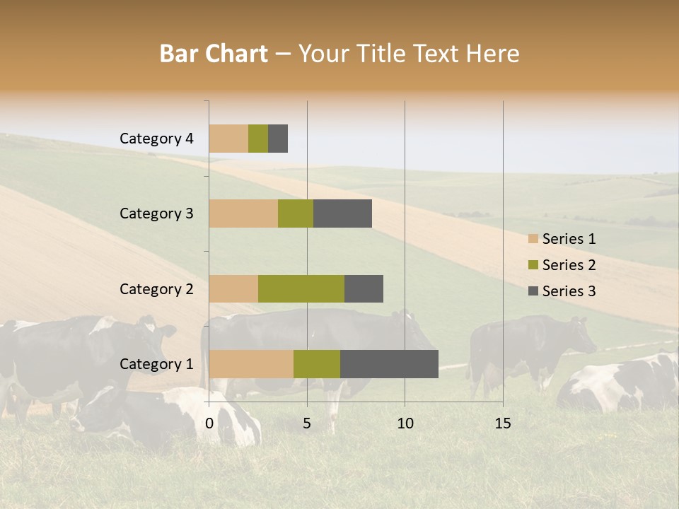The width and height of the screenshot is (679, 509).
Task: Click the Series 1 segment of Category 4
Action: pyautogui.click(x=228, y=139)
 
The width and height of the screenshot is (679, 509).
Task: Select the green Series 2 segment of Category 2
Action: pyautogui.click(x=301, y=288)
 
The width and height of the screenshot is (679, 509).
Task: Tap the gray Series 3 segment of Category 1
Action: pyautogui.click(x=389, y=363)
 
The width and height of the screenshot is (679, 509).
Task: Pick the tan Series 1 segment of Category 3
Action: pyautogui.click(x=243, y=213)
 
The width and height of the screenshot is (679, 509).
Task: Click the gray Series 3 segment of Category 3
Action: pyautogui.click(x=342, y=213)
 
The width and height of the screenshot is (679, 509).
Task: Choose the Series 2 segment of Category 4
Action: pyautogui.click(x=258, y=139)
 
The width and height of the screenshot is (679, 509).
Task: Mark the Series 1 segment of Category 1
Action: pyautogui.click(x=251, y=363)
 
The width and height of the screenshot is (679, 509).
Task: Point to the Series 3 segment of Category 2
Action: pyautogui.click(x=364, y=288)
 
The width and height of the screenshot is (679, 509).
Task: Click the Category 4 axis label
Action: pyautogui.click(x=156, y=139)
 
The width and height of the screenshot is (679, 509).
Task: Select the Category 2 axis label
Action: pyautogui.click(x=156, y=288)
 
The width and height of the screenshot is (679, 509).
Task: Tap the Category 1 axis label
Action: pyautogui.click(x=156, y=364)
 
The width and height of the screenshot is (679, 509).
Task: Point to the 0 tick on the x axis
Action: pyautogui.click(x=209, y=423)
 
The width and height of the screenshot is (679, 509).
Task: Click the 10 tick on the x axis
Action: pyautogui.click(x=405, y=423)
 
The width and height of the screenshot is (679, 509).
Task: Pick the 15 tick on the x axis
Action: pyautogui.click(x=503, y=423)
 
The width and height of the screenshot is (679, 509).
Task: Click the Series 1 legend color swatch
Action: pyautogui.click(x=533, y=239)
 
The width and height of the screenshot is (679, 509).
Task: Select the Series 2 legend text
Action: pyautogui.click(x=569, y=265)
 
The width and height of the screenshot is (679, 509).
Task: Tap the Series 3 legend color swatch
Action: pyautogui.click(x=533, y=291)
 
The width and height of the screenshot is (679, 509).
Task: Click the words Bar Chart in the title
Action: pyautogui.click(x=214, y=54)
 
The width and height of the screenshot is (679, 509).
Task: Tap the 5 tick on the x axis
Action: pyautogui.click(x=307, y=423)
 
